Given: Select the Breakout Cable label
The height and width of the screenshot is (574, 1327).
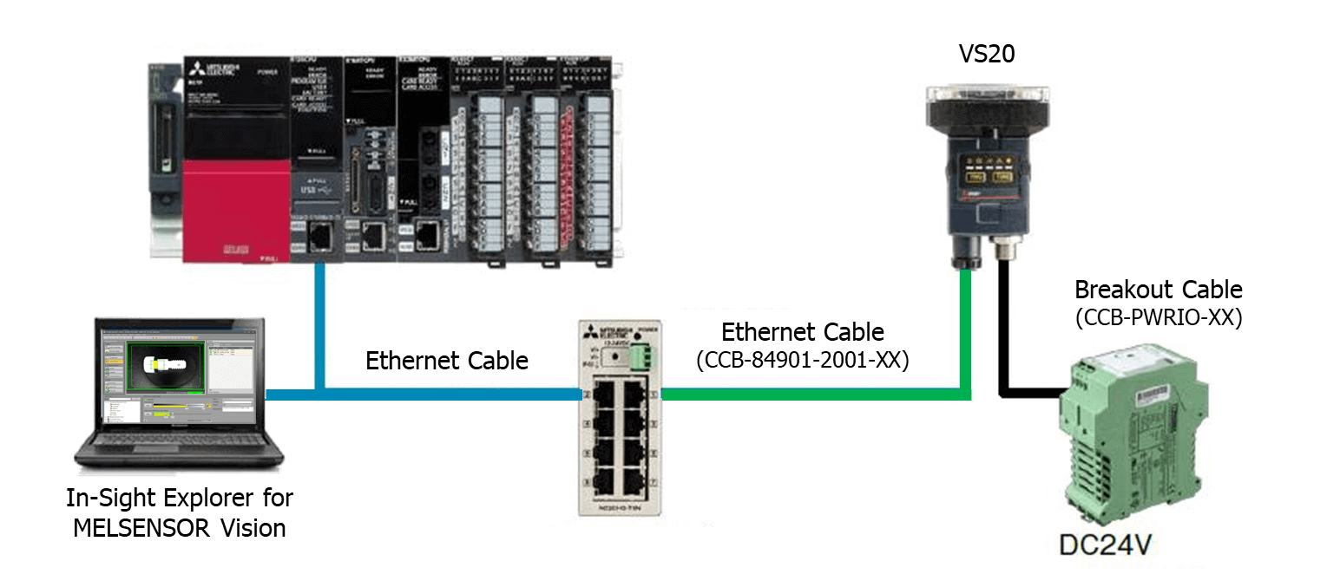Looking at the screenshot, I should tap(1158, 290).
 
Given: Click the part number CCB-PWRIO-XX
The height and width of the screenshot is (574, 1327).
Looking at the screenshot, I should tap(1158, 317).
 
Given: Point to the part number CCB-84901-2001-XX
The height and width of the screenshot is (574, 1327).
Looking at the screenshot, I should tap(802, 360).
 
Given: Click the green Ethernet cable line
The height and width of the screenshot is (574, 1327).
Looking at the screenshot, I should tap(816, 395).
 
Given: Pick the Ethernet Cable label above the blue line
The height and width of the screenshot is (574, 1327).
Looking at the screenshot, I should tap(446, 360).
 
